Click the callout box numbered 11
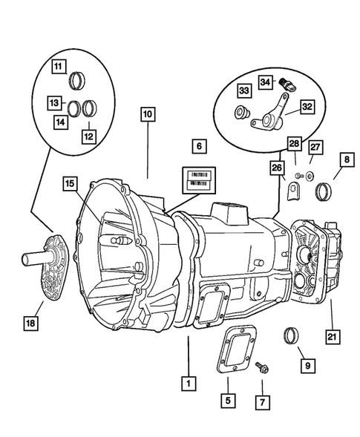(57, 67)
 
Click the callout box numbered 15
(69, 183)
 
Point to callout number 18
(32, 323)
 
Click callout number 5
(228, 401)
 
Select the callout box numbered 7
(261, 401)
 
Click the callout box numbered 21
(332, 338)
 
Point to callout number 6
(198, 145)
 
